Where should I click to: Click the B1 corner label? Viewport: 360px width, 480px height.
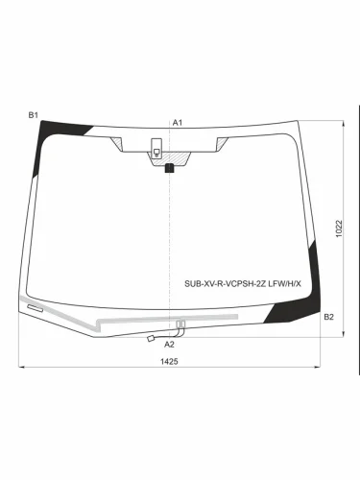point(34,115)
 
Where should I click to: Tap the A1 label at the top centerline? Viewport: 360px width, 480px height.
point(178,122)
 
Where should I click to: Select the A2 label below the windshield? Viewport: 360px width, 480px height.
point(169,345)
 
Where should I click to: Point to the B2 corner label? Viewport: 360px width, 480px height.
point(328,317)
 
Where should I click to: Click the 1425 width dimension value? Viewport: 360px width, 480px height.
point(169,361)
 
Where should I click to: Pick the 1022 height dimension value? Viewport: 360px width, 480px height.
point(339,228)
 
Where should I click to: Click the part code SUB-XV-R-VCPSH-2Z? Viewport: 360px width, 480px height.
point(225,283)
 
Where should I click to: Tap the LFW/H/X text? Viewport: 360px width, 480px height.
point(284,283)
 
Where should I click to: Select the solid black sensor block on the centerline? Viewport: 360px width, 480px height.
point(169,168)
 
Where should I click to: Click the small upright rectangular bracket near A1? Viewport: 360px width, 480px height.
point(156,149)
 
